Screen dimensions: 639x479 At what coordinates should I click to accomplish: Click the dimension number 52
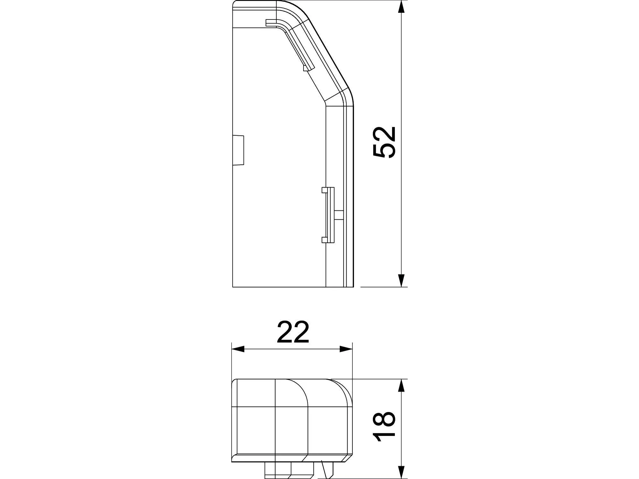[385, 142]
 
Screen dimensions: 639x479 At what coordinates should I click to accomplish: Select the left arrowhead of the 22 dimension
[238, 349]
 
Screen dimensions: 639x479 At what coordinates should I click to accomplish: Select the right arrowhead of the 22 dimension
[346, 349]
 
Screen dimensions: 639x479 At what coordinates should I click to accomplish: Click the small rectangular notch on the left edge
[238, 150]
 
